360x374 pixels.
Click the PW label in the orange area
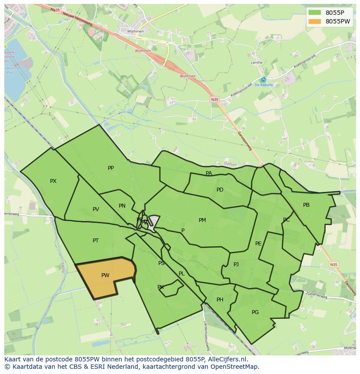[105, 275]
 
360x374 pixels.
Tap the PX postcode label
[53, 181]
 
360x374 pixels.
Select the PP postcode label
[111, 168]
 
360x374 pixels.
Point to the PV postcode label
[96, 209]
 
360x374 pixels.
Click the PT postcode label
[96, 241]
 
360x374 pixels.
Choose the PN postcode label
[122, 206]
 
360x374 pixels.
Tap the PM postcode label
[202, 220]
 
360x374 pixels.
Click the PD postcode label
[220, 190]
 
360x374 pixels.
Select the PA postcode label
[209, 173]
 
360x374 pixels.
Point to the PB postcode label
[306, 205]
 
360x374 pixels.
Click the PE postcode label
[258, 244]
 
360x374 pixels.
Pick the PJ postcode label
[236, 264]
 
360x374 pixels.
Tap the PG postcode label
[255, 312]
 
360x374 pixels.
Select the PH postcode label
[220, 300]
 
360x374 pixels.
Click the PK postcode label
[160, 287]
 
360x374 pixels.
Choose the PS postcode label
[161, 263]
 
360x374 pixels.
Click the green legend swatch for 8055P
[315, 13]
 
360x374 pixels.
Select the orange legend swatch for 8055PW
[315, 21]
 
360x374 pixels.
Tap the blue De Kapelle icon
[263, 79]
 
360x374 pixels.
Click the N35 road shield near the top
[215, 100]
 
